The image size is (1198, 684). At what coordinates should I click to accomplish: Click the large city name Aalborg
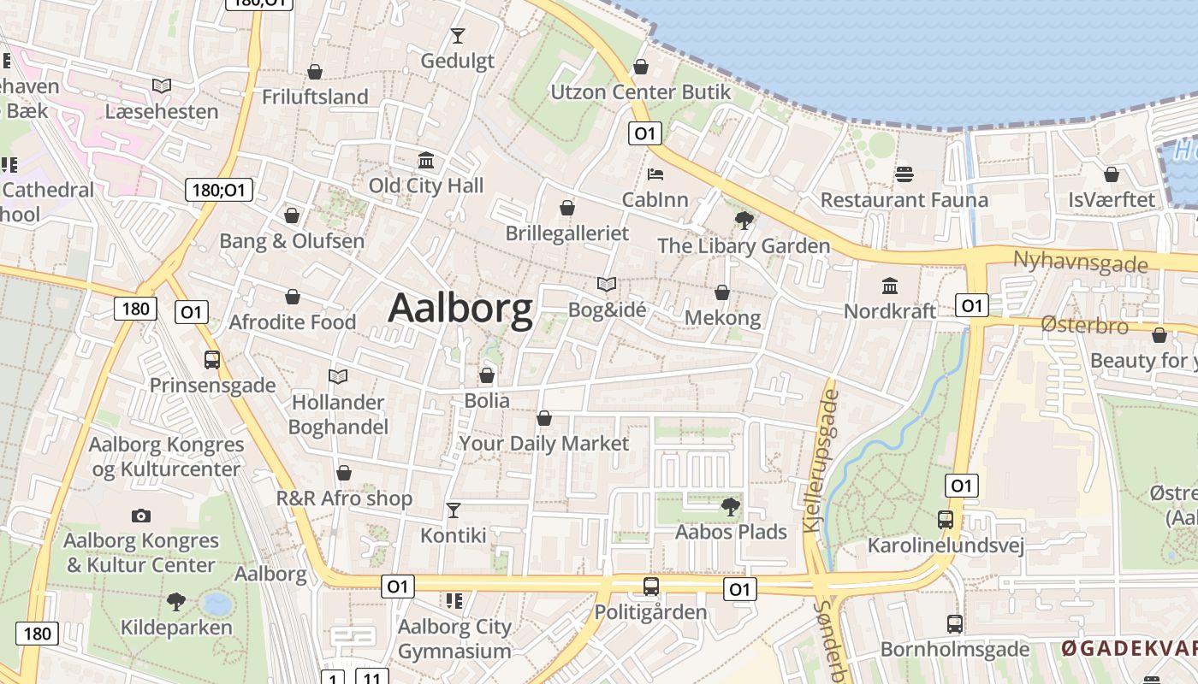[x=460, y=309]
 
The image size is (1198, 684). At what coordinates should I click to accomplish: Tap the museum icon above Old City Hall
[x=426, y=160]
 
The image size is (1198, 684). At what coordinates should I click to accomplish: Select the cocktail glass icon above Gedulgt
[x=458, y=36]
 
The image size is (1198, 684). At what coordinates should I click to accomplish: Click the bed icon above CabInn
[x=655, y=174]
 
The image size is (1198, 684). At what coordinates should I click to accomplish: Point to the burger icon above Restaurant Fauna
[x=904, y=174]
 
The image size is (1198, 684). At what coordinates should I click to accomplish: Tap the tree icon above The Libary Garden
[x=744, y=221]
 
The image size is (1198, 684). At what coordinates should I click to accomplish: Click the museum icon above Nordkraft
[x=890, y=286]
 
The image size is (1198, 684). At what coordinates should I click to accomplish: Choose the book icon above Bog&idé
[x=607, y=284]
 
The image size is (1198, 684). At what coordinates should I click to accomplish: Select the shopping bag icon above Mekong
[x=722, y=292]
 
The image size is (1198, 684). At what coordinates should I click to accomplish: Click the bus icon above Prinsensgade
[x=212, y=360]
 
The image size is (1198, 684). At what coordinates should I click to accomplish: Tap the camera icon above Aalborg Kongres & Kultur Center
[x=141, y=516]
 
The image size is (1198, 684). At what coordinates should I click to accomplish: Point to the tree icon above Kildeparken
[x=176, y=602]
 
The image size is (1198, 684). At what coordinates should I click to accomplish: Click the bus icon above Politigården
[x=651, y=587]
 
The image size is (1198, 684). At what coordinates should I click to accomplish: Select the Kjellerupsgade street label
[x=821, y=462]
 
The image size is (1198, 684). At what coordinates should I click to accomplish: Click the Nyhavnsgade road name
[x=1080, y=262]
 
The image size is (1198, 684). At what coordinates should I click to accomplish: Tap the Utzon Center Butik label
[x=641, y=92]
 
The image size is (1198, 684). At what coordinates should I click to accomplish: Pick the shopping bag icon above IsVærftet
[x=1112, y=174]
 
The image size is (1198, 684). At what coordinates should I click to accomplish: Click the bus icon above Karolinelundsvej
[x=946, y=520]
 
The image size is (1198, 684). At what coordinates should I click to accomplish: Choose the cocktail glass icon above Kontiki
[x=454, y=510]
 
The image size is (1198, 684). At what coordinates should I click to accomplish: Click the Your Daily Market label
[x=544, y=444]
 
